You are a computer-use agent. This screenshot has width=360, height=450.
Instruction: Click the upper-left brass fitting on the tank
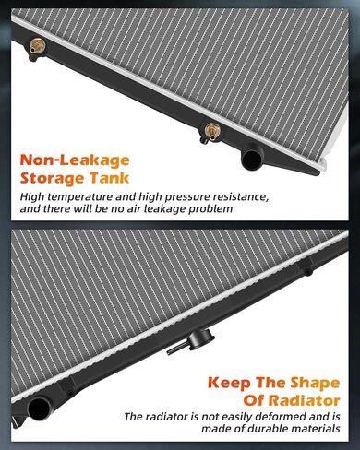coord(37,46)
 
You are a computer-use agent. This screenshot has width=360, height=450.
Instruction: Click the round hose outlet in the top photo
coord(252,158)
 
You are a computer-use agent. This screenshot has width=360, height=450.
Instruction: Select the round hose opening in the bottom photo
coord(40,408)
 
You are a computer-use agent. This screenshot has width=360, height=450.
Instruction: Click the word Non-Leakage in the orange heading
coord(75,160)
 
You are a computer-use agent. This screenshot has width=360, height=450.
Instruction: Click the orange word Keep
coord(230,383)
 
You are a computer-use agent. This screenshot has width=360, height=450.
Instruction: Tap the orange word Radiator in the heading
coord(304,401)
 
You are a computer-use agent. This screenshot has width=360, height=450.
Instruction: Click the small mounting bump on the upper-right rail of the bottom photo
coord(307,272)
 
